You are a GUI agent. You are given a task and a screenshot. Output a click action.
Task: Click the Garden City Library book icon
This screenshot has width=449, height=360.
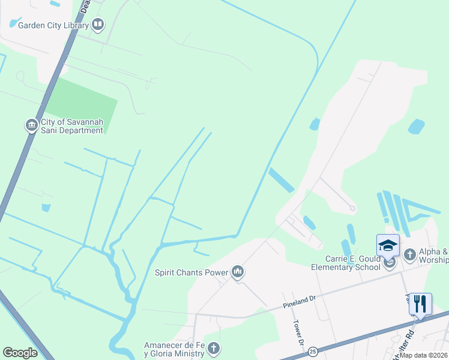pos(98,25)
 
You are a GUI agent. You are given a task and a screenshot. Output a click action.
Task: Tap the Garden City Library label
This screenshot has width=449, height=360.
pos(53,25)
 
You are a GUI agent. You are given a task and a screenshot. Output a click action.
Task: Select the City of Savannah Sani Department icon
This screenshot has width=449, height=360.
pos(31,125)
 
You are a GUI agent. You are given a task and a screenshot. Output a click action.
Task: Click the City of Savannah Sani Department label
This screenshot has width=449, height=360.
pos(71,126)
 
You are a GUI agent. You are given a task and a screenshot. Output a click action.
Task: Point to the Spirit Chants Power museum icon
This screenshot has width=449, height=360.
pos(238,272)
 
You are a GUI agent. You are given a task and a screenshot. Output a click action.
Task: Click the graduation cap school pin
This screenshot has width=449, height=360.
pos(388,246)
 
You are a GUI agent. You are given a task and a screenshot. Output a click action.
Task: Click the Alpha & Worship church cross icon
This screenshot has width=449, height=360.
pos(410,255)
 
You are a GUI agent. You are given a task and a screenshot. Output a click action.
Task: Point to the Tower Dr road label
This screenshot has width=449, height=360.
pos(297,331)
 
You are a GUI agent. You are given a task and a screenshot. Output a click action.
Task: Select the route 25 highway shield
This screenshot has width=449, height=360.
pos(312,350)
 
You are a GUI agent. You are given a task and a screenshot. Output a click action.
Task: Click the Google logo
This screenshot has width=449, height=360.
pos(20,353)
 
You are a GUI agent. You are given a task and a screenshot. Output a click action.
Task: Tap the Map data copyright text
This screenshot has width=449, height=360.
pos(422,355)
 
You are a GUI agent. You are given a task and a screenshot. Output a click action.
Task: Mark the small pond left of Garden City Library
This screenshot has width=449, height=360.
pos(14,24)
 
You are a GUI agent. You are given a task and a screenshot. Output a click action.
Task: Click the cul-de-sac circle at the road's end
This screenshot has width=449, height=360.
pos(352,209)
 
